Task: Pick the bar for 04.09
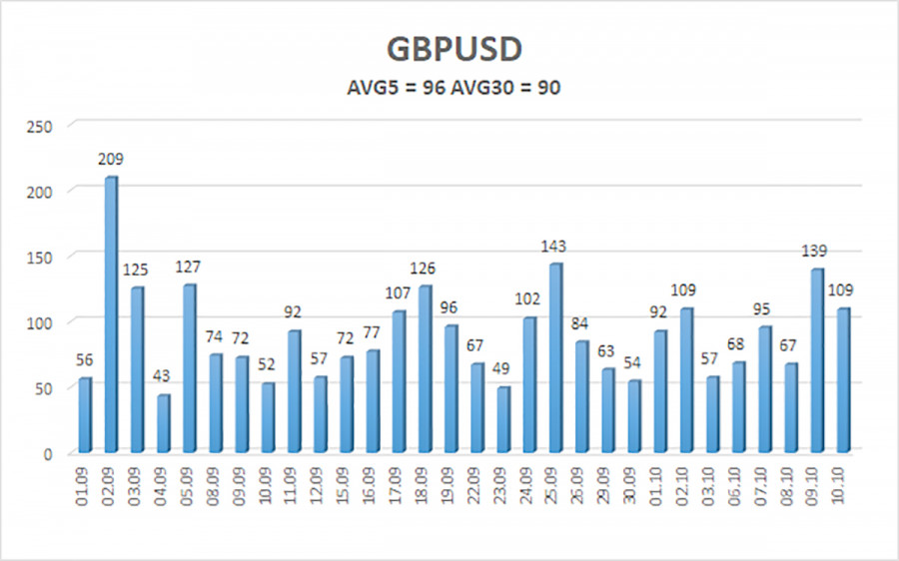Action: click(163, 423)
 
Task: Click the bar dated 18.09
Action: click(425, 368)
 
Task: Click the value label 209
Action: click(111, 160)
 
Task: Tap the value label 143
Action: click(554, 247)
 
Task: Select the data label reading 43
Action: click(163, 377)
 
